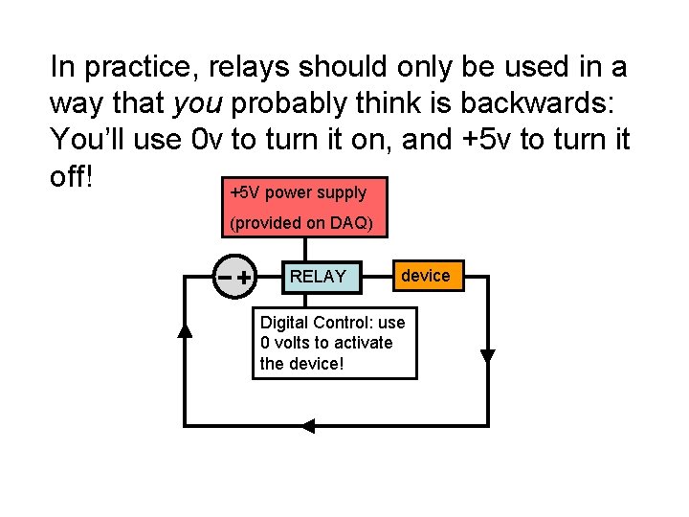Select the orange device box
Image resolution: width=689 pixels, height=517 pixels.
(x=425, y=276)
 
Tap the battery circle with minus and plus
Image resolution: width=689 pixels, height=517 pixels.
(x=235, y=278)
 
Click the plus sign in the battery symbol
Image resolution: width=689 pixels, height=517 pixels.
(x=246, y=278)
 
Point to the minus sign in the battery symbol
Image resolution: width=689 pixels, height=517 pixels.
(x=225, y=278)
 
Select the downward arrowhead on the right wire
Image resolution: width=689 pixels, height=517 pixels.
(x=487, y=356)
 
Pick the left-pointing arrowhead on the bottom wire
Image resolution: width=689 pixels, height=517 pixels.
(x=307, y=425)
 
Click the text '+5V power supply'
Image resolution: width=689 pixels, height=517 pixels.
(x=299, y=192)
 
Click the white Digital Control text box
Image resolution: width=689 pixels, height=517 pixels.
(x=334, y=343)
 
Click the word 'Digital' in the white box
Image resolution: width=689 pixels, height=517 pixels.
(x=284, y=323)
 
